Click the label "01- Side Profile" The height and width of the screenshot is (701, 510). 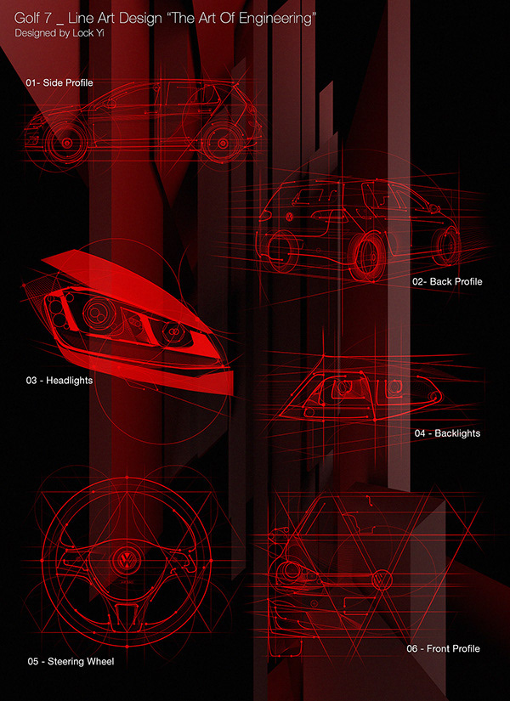tap(59, 83)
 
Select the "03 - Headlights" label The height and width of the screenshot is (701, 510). tap(59, 381)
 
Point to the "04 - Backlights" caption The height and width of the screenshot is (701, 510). tap(447, 433)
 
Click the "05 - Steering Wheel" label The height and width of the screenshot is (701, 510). tap(70, 660)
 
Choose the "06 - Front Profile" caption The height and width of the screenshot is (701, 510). tap(443, 648)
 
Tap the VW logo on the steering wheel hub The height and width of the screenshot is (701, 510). tap(125, 562)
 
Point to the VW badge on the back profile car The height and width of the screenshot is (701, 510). tap(291, 218)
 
